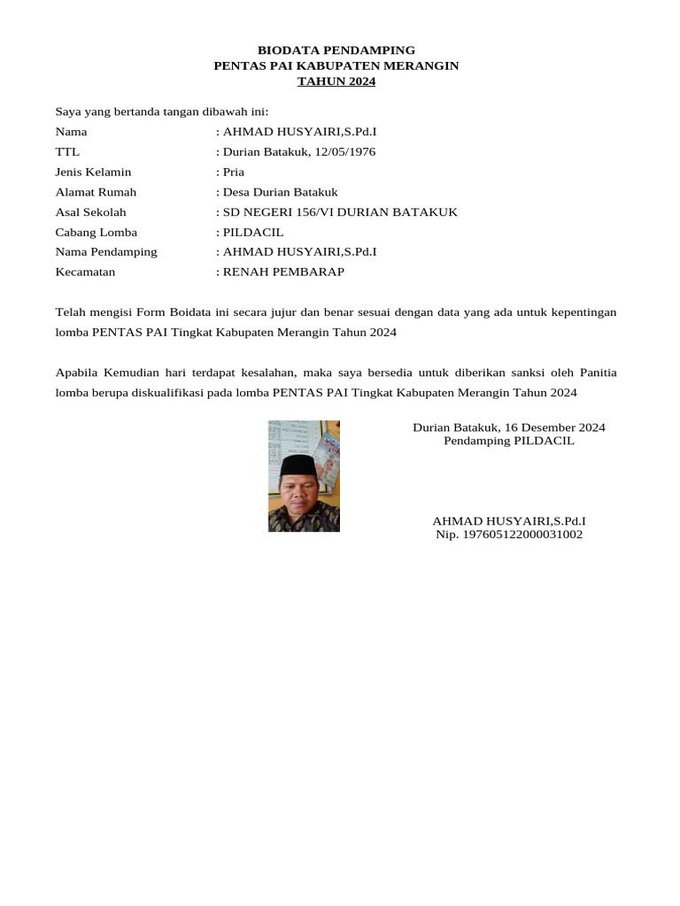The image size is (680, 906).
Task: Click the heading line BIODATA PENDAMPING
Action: pos(336,50)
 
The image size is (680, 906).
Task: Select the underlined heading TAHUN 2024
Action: pos(336,81)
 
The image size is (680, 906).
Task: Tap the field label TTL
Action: pos(67,151)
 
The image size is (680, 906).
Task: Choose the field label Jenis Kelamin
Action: pos(93,172)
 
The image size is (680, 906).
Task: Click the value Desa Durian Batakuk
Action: pos(280,192)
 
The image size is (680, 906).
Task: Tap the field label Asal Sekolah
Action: pos(90,211)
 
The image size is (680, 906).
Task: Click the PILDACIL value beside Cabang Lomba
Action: pos(253,232)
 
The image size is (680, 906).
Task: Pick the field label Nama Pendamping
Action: pos(106,251)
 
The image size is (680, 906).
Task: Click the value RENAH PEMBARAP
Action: pos(283,272)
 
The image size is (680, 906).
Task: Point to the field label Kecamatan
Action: pos(86,272)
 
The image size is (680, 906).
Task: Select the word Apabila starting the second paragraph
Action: pos(78,372)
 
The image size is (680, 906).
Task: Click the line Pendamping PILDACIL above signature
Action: pos(509,441)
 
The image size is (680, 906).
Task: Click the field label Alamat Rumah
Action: pos(96,192)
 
